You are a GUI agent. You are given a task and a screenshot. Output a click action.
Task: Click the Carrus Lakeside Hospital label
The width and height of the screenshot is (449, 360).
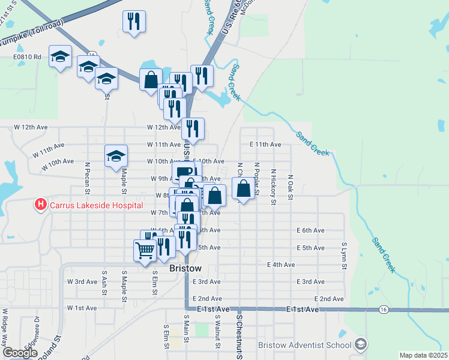[96, 205]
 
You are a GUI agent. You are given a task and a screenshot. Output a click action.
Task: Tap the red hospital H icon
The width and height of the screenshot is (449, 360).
[41, 205]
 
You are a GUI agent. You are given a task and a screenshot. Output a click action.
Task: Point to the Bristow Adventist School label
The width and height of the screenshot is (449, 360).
[304, 345]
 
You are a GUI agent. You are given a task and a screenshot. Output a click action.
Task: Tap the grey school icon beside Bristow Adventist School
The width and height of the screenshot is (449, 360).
[360, 344]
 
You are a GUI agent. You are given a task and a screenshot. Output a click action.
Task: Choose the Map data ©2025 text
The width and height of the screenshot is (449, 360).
[423, 355]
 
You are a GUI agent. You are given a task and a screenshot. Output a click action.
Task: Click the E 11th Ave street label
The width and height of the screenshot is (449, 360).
[265, 145]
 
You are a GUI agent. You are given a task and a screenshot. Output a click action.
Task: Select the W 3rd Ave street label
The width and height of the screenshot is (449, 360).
[82, 281]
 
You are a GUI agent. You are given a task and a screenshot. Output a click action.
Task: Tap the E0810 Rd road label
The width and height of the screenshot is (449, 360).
[28, 58]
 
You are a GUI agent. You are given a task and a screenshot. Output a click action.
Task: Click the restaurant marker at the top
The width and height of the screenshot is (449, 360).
[134, 22]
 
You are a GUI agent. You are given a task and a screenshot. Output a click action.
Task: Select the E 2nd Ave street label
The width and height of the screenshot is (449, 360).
[329, 299]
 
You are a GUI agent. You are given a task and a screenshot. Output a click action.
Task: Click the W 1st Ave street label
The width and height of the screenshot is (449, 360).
[82, 308]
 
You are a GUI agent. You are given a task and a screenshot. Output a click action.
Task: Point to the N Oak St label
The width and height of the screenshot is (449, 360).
[290, 188]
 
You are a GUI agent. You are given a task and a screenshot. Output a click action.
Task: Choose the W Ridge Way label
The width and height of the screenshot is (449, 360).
[5, 323]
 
